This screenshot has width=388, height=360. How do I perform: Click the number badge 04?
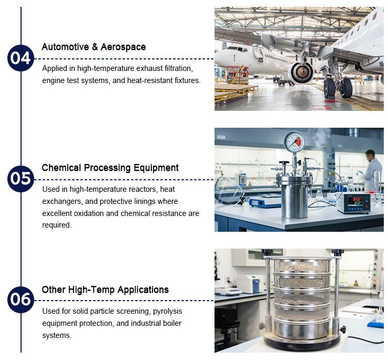pyautogui.click(x=21, y=58)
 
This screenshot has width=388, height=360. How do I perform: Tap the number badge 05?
pyautogui.click(x=21, y=179)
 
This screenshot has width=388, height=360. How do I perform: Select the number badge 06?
pyautogui.click(x=21, y=300)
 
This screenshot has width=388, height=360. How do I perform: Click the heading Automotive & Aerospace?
pyautogui.click(x=94, y=47)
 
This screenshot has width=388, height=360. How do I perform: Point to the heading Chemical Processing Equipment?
pyautogui.click(x=110, y=168)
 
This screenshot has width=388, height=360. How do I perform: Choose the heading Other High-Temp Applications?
pyautogui.click(x=105, y=290)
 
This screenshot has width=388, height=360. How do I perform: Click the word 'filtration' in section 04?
pyautogui.click(x=177, y=68)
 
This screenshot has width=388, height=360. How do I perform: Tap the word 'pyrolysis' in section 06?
pyautogui.click(x=168, y=311)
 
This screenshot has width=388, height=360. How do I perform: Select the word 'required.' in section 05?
pyautogui.click(x=57, y=225)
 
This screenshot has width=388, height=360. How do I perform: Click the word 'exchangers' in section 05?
pyautogui.click(x=62, y=201)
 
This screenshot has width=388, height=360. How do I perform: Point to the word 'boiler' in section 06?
pyautogui.click(x=172, y=323)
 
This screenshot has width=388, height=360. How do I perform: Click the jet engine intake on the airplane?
pyautogui.click(x=302, y=73)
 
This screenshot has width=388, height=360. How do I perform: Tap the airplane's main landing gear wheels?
pyautogui.click(x=338, y=88)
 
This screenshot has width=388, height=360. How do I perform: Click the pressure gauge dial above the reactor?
pyautogui.click(x=294, y=142)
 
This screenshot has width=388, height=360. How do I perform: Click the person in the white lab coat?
pyautogui.click(x=371, y=171)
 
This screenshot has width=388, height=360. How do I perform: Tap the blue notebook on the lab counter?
pyautogui.click(x=375, y=324)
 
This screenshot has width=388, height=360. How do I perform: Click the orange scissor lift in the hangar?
pyautogui.click(x=238, y=75)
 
